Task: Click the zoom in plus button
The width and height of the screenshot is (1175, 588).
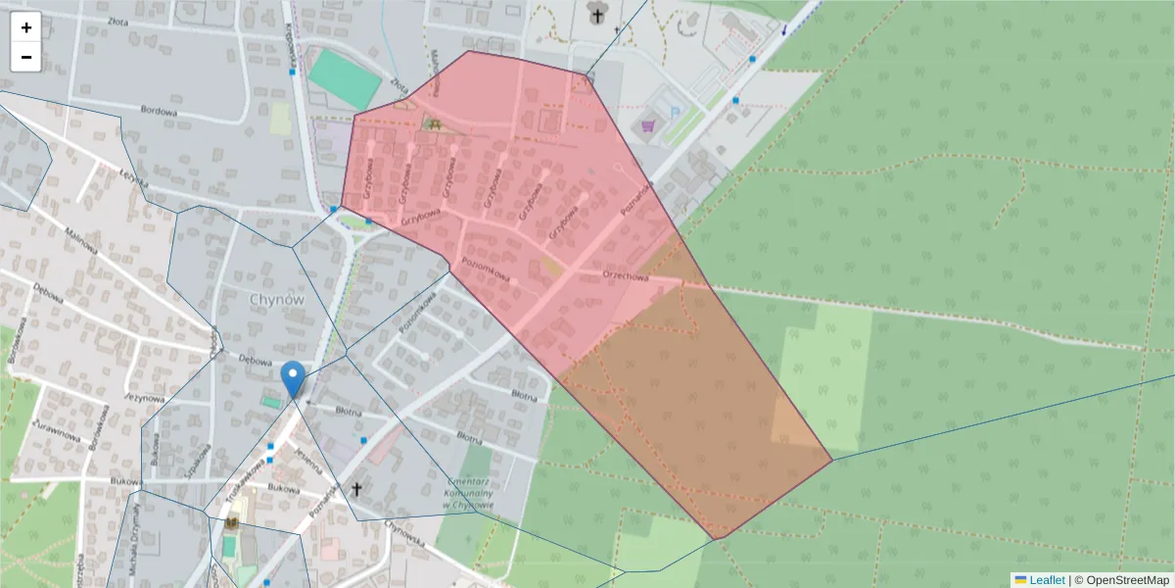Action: pos(26,27)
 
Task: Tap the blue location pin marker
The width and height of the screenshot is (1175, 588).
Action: pos(292,378)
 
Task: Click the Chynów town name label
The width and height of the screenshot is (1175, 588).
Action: pos(277,300)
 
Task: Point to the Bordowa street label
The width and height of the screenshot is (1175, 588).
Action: pos(159,113)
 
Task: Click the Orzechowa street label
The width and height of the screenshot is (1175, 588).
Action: pos(627,276)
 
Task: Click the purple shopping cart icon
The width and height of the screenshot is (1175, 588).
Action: pos(648,124)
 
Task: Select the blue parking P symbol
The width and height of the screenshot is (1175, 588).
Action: pos(675,111)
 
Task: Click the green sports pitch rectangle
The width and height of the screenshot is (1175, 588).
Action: pos(345,78)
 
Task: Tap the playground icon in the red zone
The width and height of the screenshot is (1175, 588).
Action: pos(431,123)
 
